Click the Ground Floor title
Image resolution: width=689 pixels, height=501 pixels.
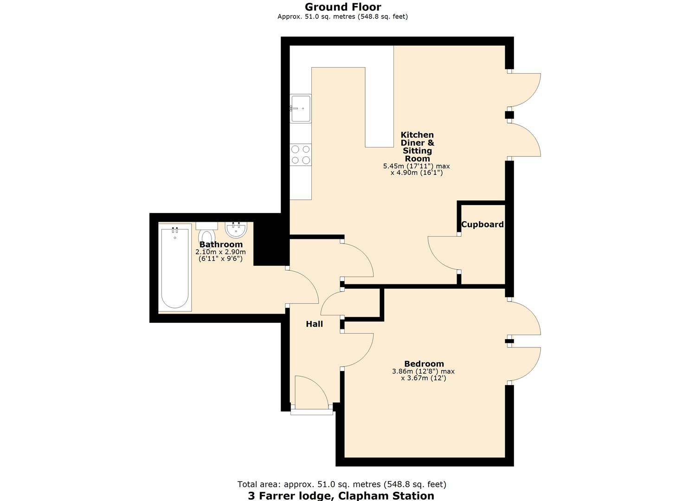343,7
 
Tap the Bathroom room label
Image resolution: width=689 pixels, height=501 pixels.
221,244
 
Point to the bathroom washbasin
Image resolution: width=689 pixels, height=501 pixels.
236,229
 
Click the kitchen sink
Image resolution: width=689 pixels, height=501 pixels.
301,109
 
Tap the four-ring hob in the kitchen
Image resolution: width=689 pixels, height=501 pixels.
301,155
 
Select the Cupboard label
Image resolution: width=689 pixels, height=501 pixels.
482,225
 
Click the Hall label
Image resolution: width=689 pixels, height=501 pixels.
314,324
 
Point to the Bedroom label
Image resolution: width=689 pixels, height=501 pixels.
424,364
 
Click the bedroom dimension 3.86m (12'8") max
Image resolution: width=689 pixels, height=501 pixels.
423,372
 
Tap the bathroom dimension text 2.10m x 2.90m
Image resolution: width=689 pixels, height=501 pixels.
220,252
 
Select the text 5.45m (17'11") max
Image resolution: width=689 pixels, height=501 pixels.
416,166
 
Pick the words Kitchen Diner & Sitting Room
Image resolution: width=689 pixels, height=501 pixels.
417,147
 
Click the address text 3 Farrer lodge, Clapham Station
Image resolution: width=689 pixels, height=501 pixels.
341,495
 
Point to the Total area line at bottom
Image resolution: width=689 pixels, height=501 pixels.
341,484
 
